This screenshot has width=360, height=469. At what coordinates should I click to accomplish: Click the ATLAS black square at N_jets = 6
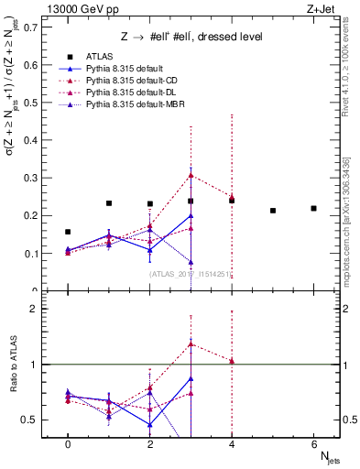313,208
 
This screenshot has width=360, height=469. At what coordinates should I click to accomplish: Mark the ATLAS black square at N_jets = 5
273,211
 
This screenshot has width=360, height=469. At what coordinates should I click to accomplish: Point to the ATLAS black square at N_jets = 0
68,232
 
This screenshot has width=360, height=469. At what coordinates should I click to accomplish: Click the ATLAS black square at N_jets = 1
109,203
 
